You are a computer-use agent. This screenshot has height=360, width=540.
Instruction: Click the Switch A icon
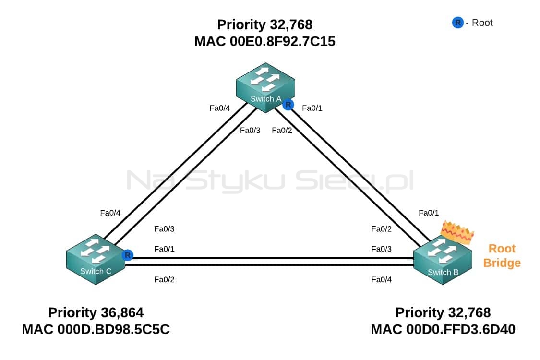[265, 87]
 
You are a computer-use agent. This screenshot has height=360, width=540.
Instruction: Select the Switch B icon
[443, 260]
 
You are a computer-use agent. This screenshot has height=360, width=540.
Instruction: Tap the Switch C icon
[96, 259]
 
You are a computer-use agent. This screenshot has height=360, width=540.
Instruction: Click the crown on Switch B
[458, 232]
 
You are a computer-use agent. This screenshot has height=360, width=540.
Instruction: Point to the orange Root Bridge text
[502, 256]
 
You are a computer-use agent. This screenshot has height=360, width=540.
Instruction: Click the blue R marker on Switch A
[288, 104]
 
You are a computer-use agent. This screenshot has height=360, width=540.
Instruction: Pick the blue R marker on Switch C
[127, 255]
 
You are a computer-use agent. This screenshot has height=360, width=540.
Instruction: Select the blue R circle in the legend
[458, 23]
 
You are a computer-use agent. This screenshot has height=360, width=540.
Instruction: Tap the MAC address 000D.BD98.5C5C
[113, 329]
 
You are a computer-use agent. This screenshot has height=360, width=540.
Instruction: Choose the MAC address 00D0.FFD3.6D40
[461, 329]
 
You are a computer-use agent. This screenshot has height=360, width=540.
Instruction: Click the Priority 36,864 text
[96, 312]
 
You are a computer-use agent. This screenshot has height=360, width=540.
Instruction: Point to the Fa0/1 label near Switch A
[312, 108]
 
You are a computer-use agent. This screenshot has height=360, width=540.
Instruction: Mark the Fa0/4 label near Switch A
[220, 108]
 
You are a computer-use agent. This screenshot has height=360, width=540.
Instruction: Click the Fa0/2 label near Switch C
[164, 279]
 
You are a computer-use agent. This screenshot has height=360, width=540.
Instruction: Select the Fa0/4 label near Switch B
[381, 279]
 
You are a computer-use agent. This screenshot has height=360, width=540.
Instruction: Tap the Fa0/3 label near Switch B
[381, 249]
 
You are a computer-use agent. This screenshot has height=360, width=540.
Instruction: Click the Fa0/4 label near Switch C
[110, 213]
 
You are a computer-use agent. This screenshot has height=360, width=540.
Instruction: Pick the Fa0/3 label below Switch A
[250, 130]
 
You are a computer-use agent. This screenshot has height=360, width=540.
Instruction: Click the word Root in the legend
[482, 23]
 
